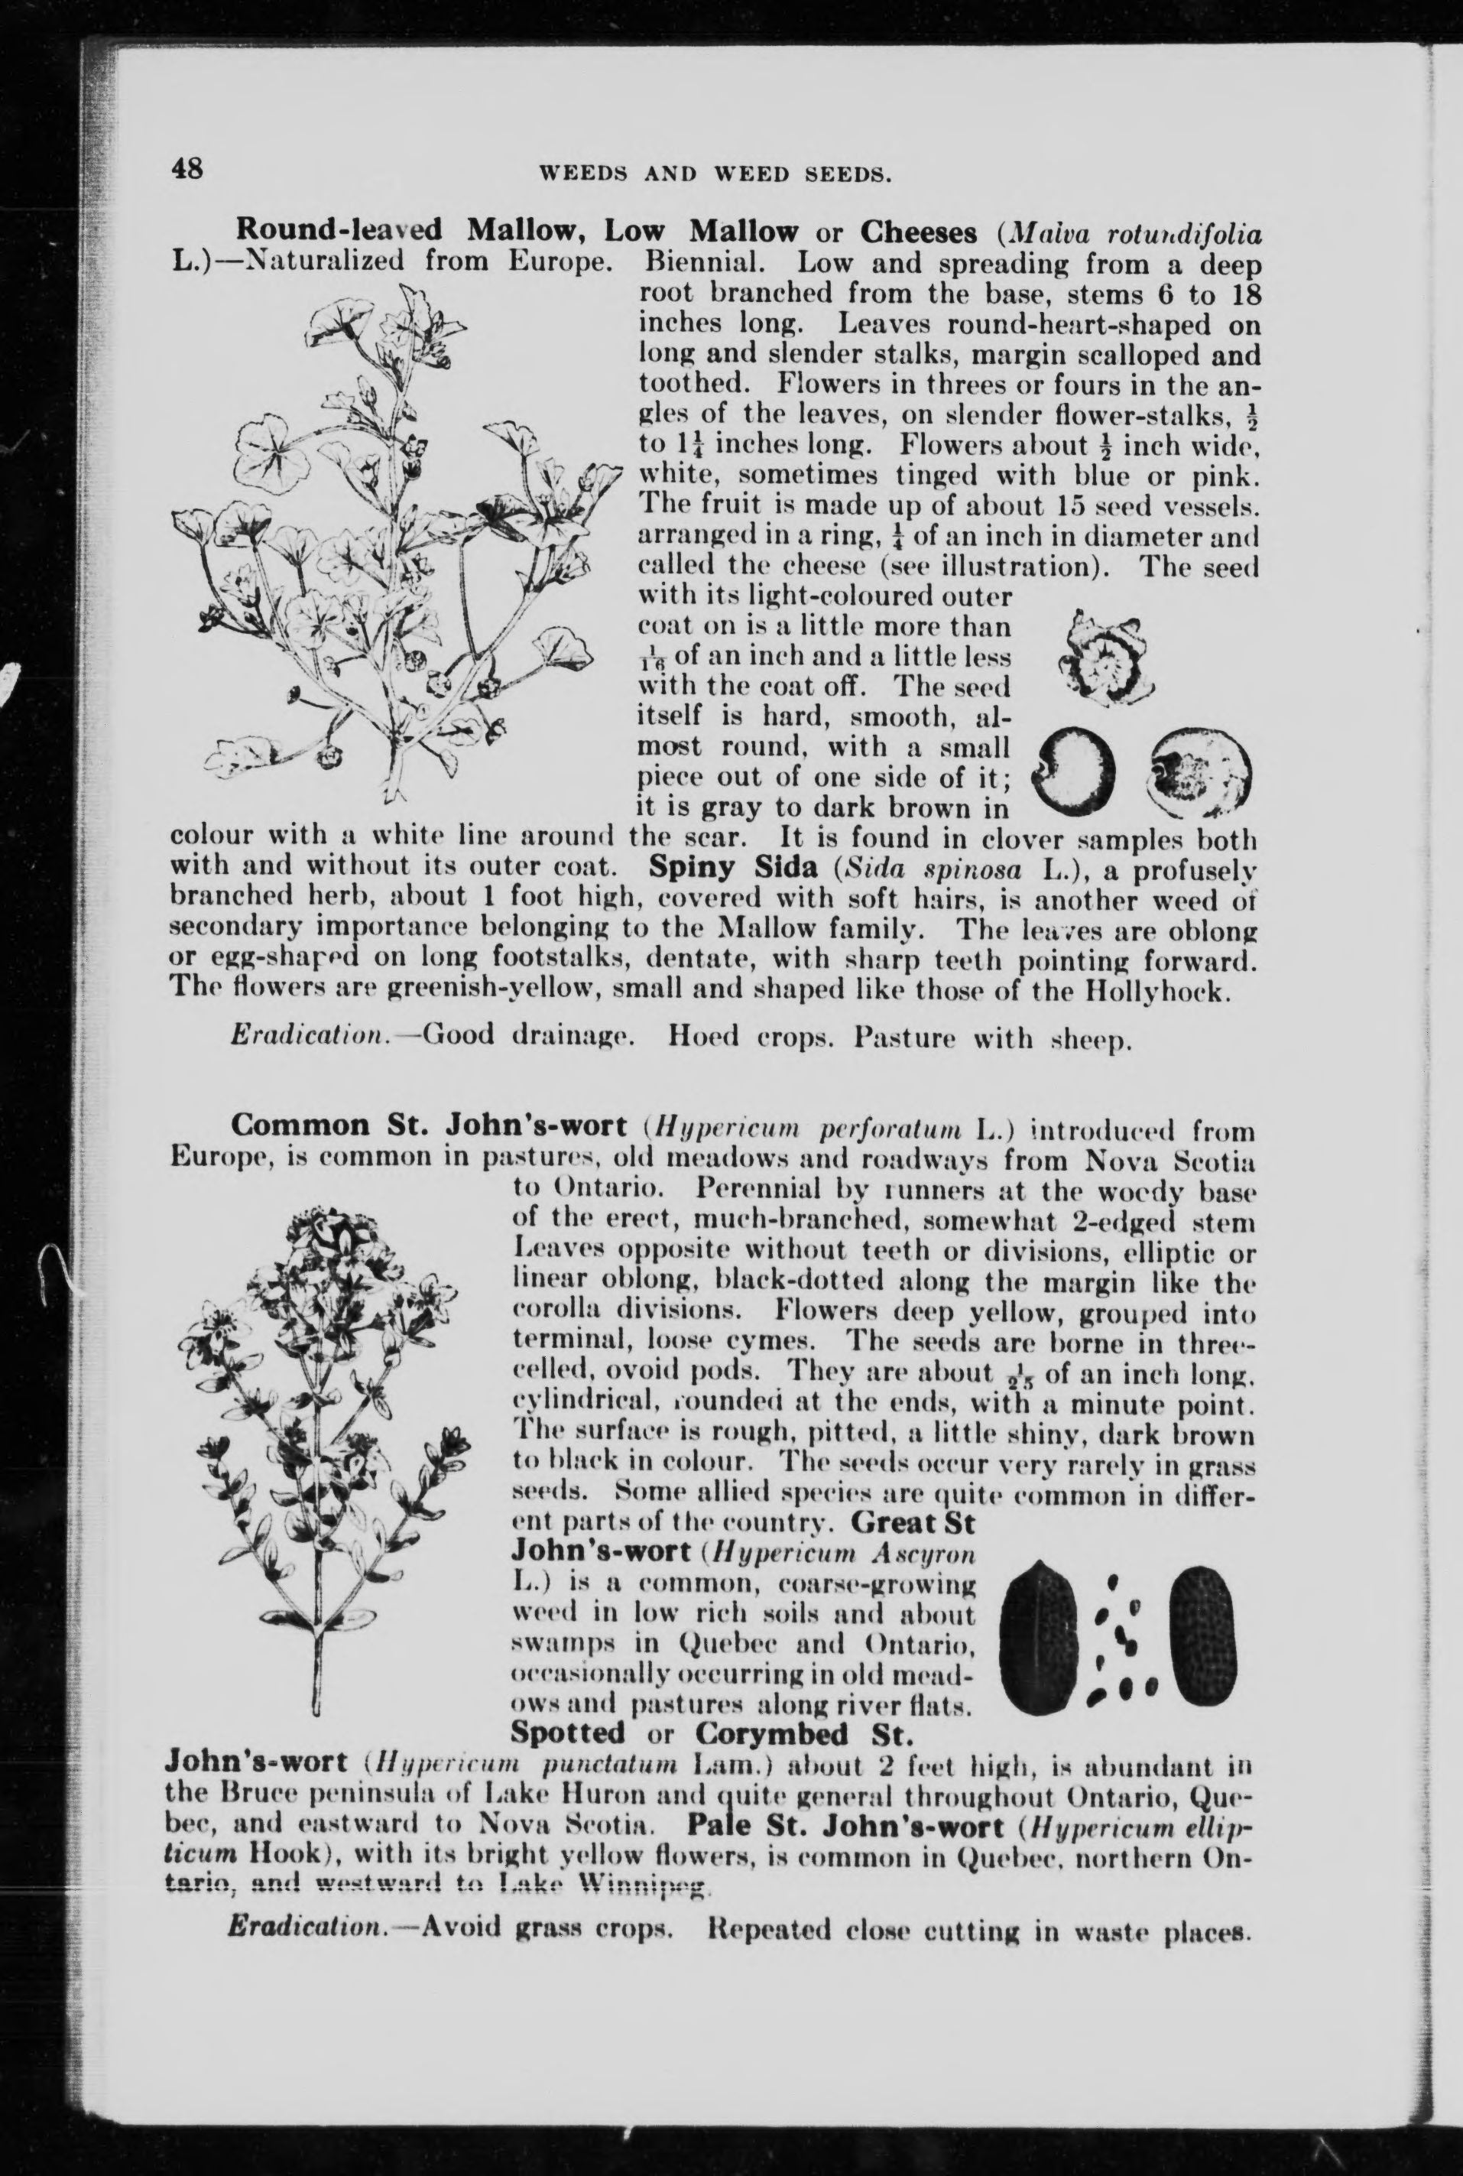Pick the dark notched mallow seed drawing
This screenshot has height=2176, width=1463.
click(x=1078, y=767)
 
